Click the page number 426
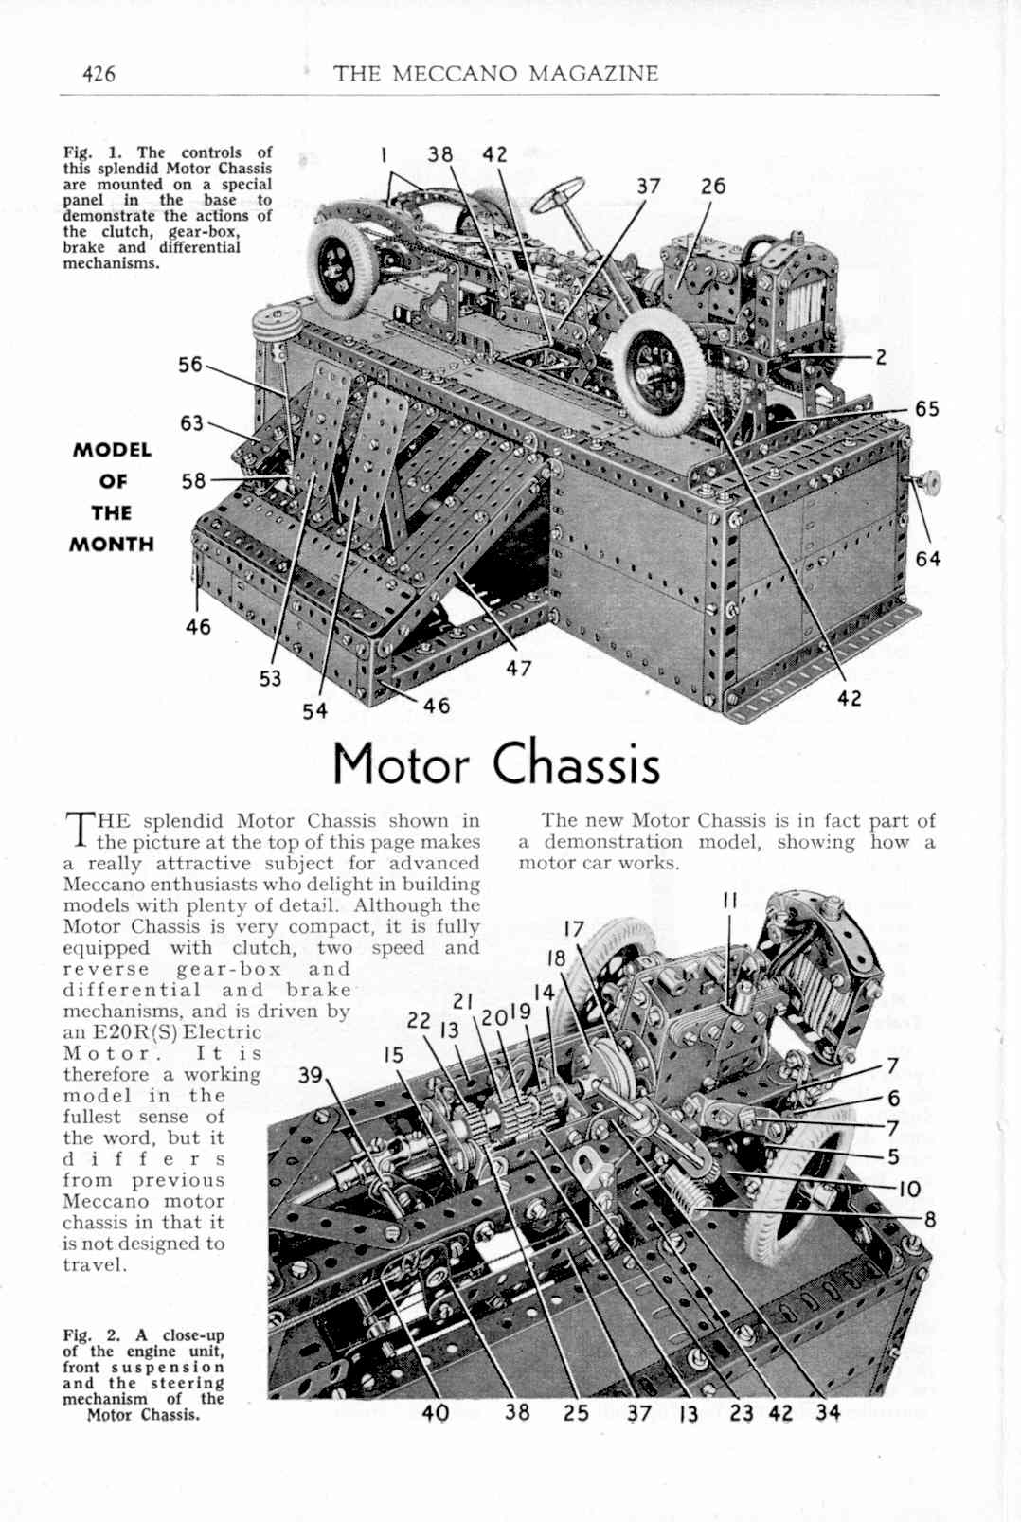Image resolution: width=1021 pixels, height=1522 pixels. (99, 73)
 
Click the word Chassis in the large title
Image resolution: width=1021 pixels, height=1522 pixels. (576, 766)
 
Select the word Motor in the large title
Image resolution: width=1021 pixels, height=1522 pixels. (401, 766)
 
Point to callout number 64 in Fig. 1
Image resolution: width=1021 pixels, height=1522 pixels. (927, 559)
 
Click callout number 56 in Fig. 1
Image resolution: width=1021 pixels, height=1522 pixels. (191, 365)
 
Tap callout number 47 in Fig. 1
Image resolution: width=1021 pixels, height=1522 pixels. (518, 669)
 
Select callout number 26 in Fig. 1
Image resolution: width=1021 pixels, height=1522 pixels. (712, 187)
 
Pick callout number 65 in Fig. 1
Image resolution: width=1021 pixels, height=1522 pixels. (926, 409)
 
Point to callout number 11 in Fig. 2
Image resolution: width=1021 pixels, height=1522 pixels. (729, 901)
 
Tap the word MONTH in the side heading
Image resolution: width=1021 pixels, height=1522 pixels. (112, 545)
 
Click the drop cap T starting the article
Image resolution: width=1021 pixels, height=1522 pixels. (78, 828)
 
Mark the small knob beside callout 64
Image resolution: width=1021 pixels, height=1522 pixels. (926, 481)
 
